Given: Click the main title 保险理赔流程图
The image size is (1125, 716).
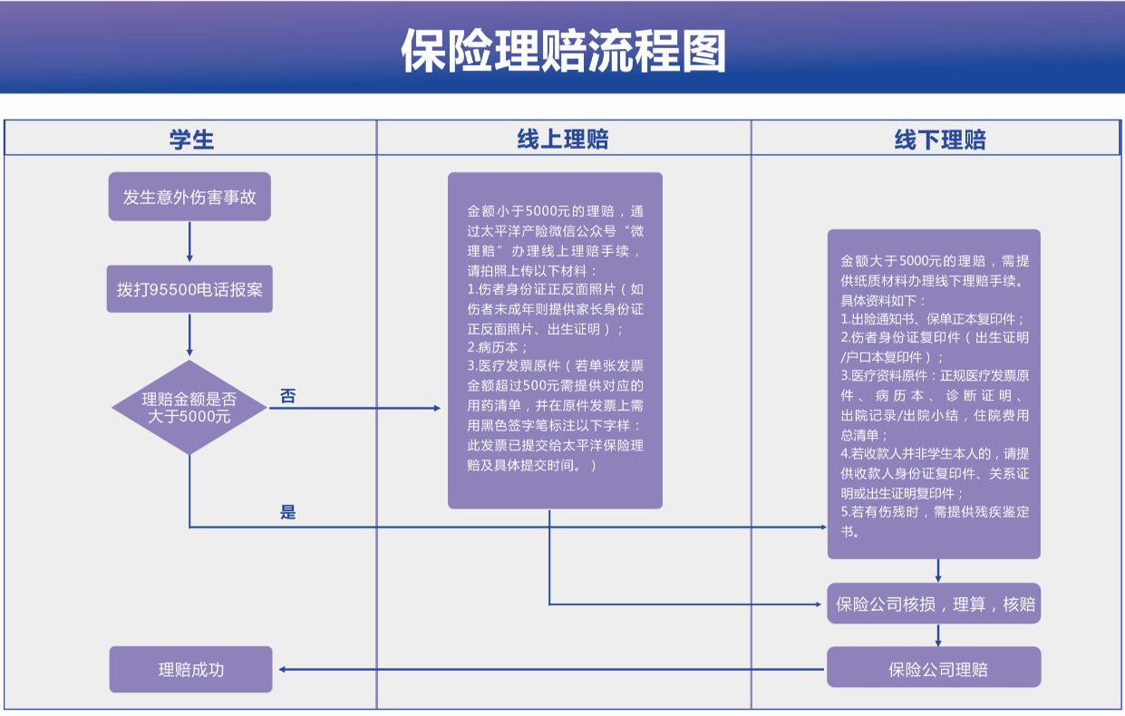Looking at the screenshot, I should tap(563, 51).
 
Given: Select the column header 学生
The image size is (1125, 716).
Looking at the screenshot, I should tap(191, 139).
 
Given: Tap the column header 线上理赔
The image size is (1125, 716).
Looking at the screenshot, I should tap(563, 139).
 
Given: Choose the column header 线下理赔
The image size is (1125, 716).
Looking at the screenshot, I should tap(939, 140).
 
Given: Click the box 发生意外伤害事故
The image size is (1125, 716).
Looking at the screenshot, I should tap(189, 197).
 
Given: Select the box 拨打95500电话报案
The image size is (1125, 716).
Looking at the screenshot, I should tap(189, 289).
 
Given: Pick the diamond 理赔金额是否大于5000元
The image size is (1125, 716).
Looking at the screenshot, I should tap(189, 408).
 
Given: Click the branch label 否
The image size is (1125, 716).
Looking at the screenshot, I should tap(287, 396).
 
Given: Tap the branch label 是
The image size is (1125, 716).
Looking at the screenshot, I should tap(287, 512).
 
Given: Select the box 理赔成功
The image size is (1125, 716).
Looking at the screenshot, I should tap(190, 669).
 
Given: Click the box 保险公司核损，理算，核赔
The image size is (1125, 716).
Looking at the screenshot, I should tap(934, 604).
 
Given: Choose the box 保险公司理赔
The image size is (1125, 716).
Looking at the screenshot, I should tap(934, 670).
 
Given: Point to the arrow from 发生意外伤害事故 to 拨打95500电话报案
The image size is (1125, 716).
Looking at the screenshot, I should tap(189, 242).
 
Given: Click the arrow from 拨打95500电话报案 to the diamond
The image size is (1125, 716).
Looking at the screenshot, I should tap(189, 335).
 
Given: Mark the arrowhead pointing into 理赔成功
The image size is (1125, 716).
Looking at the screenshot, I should tap(284, 670).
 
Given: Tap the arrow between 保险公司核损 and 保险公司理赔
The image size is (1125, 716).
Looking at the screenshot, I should tap(938, 635).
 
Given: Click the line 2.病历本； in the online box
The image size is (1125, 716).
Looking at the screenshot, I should tap(498, 347).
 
